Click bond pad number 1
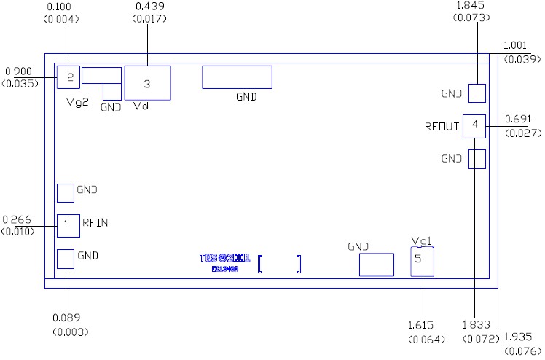66,225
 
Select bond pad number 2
68,77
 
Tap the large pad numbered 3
147,83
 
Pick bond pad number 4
474,125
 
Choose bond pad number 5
422,260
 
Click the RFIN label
95,223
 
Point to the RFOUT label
442,127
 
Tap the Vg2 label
77,103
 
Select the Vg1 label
422,241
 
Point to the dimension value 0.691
518,120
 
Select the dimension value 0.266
17,219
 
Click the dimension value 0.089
67,318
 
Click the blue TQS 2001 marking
224,259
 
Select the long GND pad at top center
237,77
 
